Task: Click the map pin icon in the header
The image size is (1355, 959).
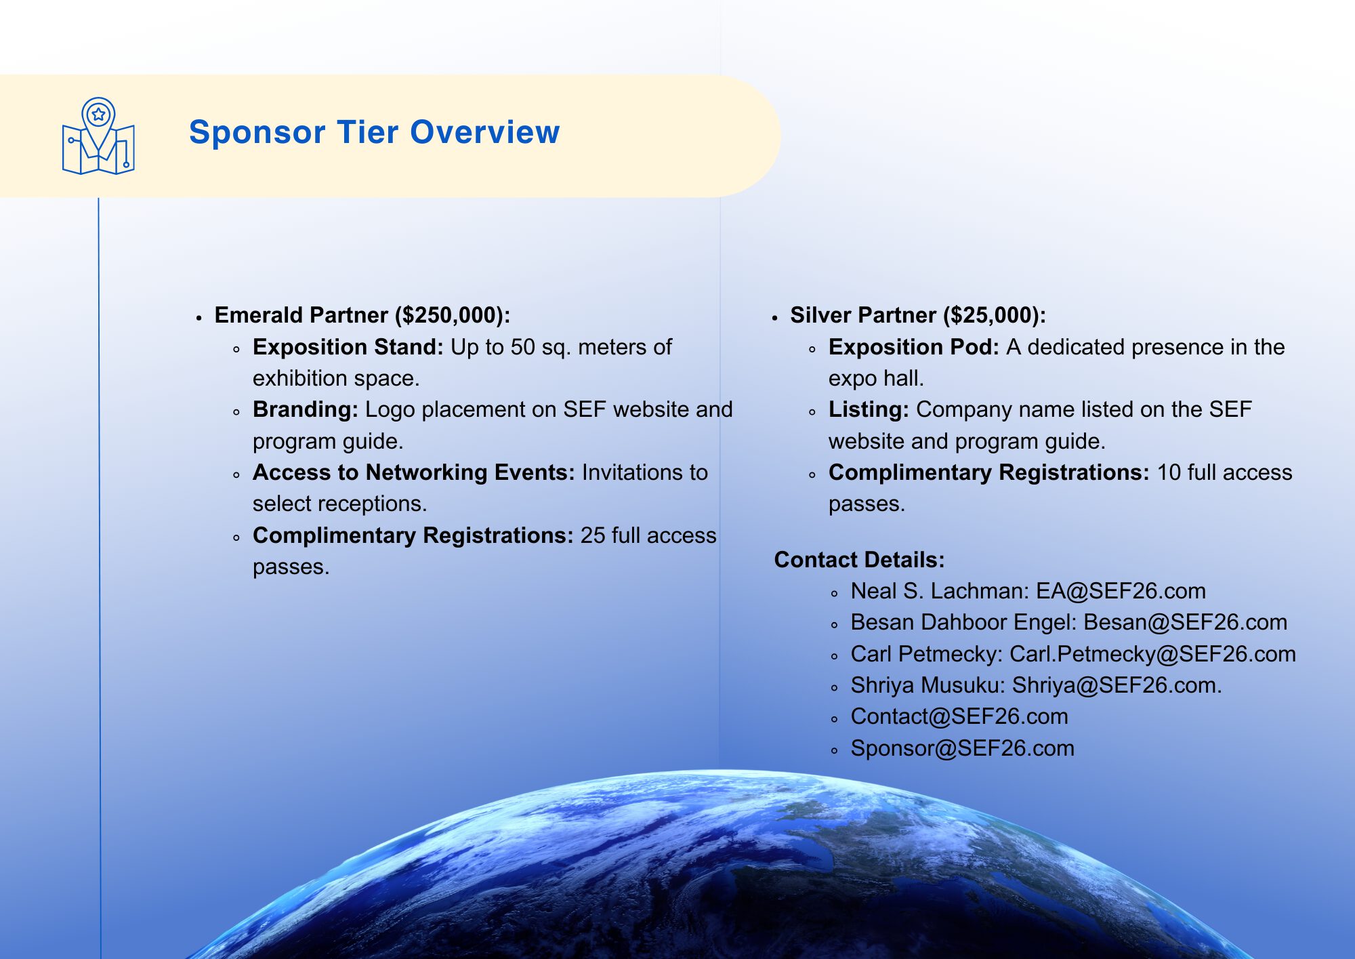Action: pos(98,136)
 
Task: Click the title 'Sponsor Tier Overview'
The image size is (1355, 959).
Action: pos(375,132)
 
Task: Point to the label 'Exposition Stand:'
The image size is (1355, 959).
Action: pos(348,347)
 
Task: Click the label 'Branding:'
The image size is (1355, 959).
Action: pos(306,409)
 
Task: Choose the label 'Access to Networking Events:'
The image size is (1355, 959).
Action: pos(414,472)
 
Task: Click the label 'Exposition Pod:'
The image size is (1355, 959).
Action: pos(914,347)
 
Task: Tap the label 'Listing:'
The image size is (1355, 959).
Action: pos(869,409)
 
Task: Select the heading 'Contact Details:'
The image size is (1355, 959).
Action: pos(860,560)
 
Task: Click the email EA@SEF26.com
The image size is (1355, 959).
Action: pos(1121,591)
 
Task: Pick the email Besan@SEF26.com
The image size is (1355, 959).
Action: pos(1186,622)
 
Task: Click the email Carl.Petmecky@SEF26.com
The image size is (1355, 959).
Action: pos(1152,654)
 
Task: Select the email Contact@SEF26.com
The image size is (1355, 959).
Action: pos(959,716)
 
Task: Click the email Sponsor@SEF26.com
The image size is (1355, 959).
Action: pos(963,748)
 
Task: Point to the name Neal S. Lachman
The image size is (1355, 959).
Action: pos(939,591)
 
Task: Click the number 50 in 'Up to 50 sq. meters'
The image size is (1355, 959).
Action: pos(523,347)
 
